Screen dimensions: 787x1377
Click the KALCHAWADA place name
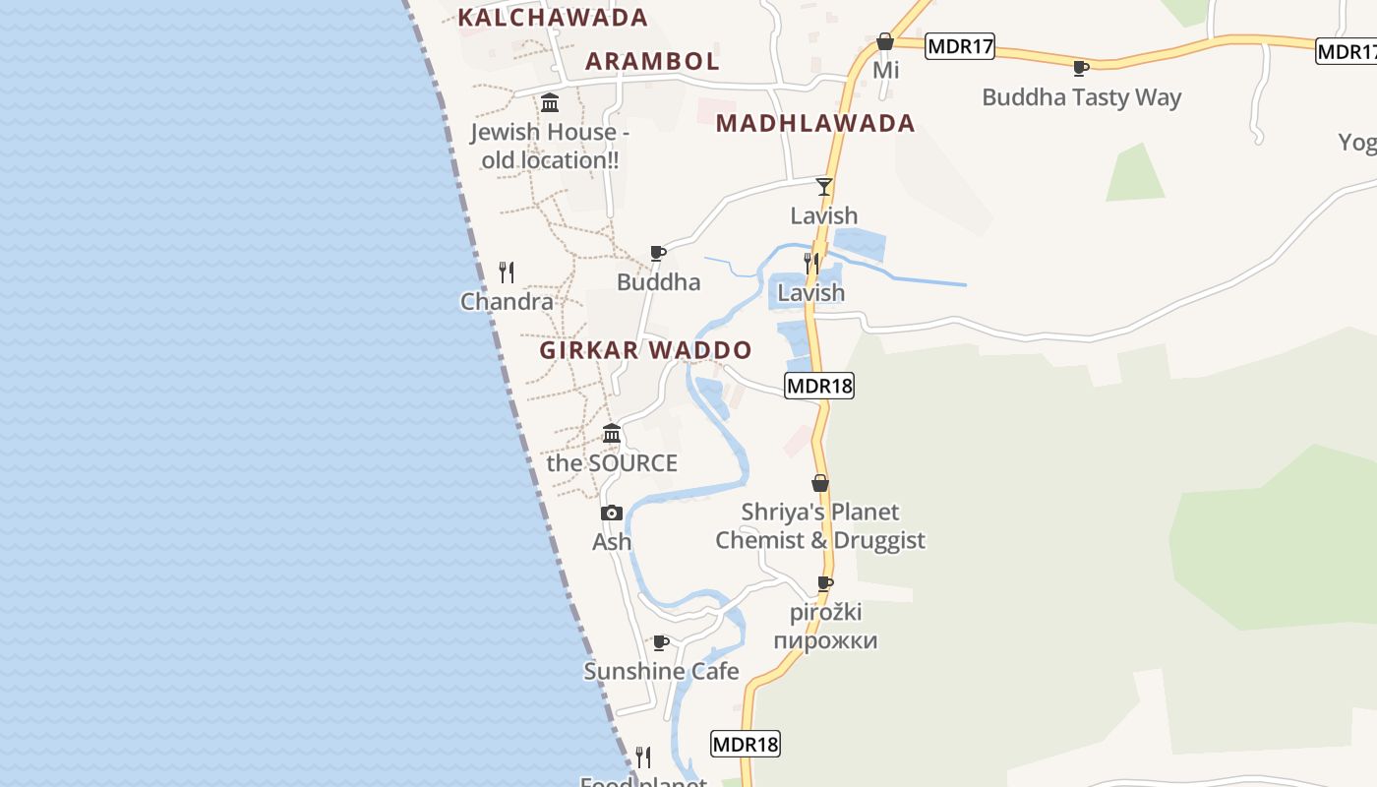click(553, 18)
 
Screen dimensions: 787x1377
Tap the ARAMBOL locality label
click(652, 61)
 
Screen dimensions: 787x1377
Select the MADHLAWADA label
click(815, 124)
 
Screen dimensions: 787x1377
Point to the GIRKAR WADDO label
click(645, 350)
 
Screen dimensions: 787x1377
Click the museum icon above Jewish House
click(550, 102)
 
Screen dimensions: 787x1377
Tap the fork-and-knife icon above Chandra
click(507, 272)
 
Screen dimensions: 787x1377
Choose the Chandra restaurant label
click(507, 302)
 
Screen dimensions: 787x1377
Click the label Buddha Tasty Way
click(1081, 97)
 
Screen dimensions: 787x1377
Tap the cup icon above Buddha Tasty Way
click(1080, 68)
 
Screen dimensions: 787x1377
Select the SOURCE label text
click(612, 463)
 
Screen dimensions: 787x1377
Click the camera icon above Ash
click(611, 513)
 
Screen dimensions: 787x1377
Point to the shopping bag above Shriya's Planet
click(819, 483)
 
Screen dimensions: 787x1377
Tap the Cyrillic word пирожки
click(824, 641)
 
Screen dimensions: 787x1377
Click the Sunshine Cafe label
click(661, 672)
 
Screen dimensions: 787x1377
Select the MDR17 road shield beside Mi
click(960, 45)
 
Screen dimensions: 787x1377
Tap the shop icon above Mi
click(885, 41)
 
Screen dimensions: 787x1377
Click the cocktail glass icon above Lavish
click(824, 186)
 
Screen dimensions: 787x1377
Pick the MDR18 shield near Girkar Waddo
click(819, 386)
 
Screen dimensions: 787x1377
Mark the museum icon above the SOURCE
click(612, 433)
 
